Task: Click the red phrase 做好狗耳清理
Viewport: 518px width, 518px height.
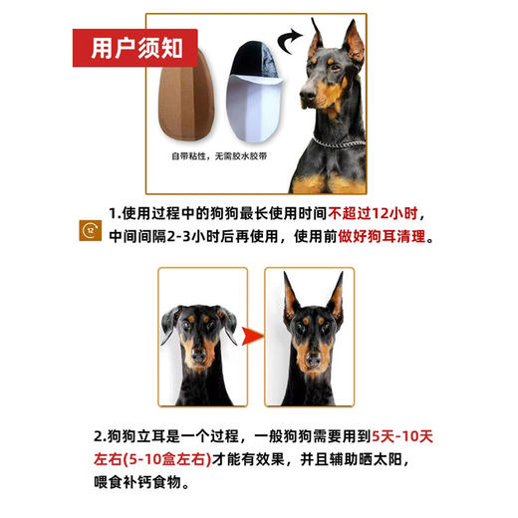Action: tap(377, 239)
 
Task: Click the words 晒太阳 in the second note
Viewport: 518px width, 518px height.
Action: tap(401, 460)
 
